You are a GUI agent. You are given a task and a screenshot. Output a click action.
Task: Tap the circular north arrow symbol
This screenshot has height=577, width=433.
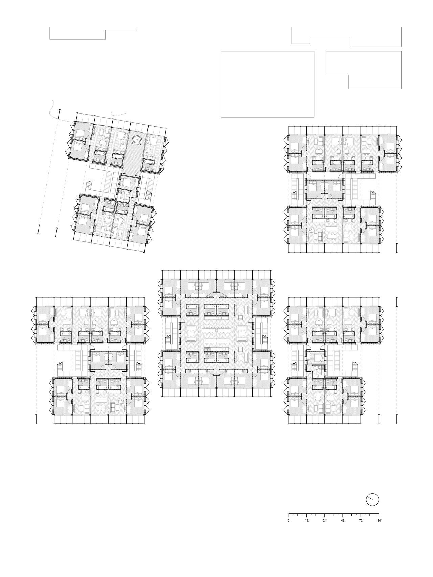click(372, 500)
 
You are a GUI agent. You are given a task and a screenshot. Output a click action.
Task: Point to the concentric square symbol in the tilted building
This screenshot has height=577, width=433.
click(137, 140)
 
